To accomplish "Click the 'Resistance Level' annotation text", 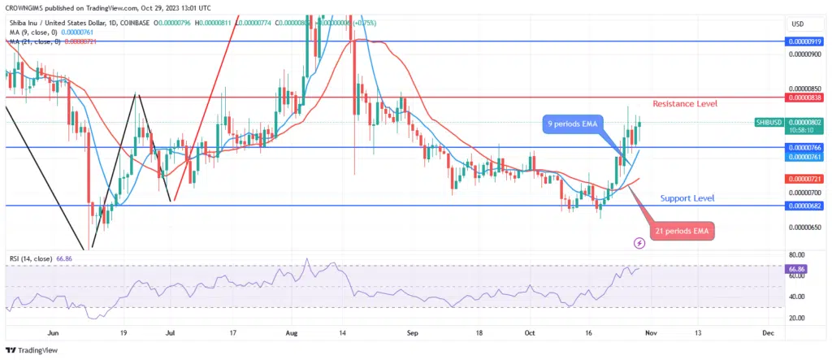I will click(x=684, y=105).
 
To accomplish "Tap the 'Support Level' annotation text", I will click(x=687, y=197).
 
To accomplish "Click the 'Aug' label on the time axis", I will click(x=294, y=333).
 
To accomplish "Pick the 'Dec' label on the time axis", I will click(x=767, y=333).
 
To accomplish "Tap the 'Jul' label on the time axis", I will click(x=171, y=333).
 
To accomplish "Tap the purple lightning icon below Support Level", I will click(x=639, y=242).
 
